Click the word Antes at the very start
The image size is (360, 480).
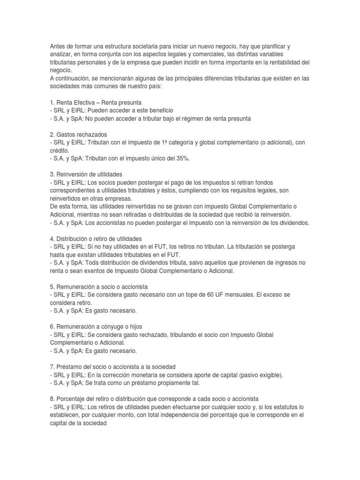pos(58,47)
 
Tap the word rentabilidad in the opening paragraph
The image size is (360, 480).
pos(283,62)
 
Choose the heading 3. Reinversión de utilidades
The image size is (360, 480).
pos(86,175)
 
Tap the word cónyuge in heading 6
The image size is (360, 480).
pos(114,327)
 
